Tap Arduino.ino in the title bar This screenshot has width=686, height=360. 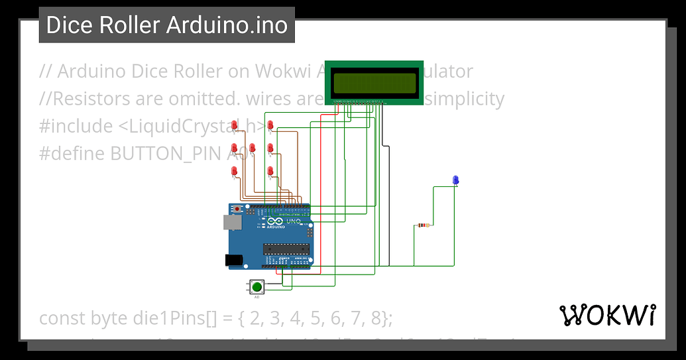point(227,25)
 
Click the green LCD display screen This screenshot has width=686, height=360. point(374,83)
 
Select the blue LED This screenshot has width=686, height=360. point(455,180)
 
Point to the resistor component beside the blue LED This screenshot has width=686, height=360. point(424,225)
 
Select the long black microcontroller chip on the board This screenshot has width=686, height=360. point(286,249)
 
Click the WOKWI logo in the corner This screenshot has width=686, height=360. point(608,316)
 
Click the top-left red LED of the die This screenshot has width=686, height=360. point(235,125)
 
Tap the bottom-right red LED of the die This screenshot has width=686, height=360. point(270,172)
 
